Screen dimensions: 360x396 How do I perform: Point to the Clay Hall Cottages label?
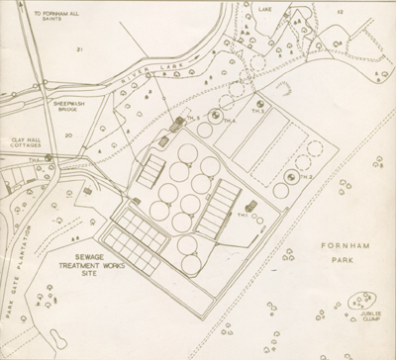pos(26,143)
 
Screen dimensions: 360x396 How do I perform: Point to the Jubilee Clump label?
pos(367,316)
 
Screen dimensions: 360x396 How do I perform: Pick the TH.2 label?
pos(304,177)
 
